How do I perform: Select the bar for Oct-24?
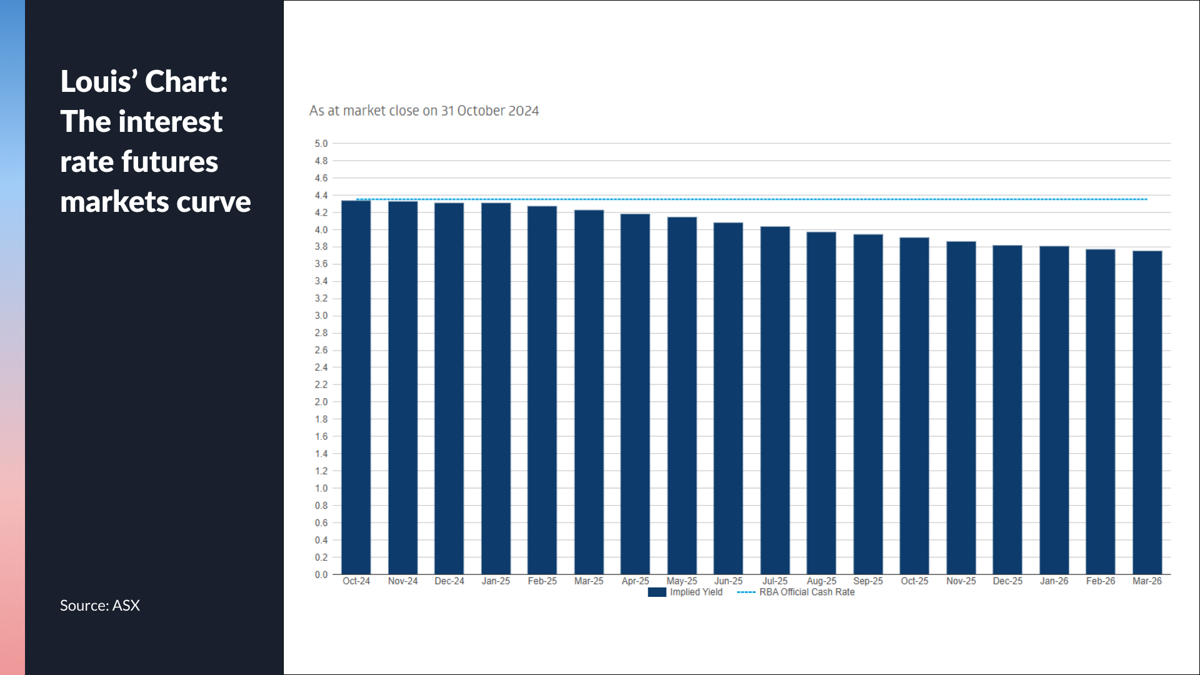point(356,387)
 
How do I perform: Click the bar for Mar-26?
point(1147,412)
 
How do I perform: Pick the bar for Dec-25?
point(1007,409)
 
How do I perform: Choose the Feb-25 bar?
point(542,390)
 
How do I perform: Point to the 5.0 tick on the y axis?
point(321,144)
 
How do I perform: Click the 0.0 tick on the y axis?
point(321,574)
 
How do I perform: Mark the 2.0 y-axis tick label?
point(321,402)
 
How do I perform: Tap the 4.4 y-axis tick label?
point(321,196)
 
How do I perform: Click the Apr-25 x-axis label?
point(635,581)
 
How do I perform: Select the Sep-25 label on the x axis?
point(868,581)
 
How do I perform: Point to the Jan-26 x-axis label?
point(1054,581)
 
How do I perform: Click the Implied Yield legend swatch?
point(657,592)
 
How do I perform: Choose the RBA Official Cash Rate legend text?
point(807,592)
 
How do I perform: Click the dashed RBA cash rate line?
point(750,199)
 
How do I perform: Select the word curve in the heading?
point(214,202)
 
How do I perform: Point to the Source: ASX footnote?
point(100,605)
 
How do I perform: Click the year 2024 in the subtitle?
point(523,111)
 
